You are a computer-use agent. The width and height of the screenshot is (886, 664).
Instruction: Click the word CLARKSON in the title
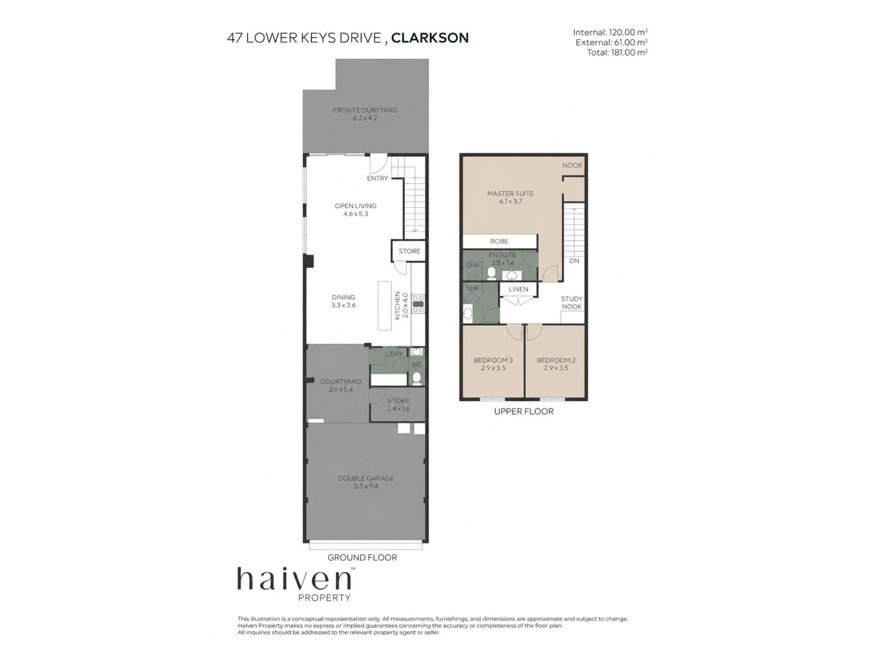coord(430,38)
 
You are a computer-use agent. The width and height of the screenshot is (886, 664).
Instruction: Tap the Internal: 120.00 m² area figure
coord(610,32)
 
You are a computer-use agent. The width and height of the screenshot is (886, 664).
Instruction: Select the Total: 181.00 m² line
coord(617,53)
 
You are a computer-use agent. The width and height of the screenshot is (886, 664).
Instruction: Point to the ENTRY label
coord(377,178)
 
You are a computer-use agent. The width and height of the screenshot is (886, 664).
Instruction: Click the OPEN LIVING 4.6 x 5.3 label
coord(356,210)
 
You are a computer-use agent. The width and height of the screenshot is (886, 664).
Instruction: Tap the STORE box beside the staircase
coord(409,251)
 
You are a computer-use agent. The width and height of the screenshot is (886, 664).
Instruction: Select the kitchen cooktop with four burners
coord(418,304)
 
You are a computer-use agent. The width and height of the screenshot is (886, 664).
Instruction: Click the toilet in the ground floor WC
coord(417,378)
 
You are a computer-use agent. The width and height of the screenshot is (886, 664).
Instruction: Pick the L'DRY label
coord(394,354)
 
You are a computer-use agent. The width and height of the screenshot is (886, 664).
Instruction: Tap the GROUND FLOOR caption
coord(362,557)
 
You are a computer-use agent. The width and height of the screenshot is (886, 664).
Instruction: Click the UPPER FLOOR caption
coord(524,411)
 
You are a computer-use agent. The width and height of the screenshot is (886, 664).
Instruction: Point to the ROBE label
coord(499,241)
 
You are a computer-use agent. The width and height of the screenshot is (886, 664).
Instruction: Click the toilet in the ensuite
coord(491,274)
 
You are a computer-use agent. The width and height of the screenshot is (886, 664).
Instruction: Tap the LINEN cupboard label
coord(518,289)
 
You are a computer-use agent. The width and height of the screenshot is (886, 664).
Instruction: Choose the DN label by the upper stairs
coord(574,261)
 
